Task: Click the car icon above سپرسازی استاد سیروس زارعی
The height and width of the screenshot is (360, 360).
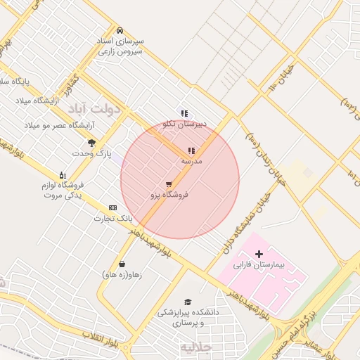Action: [x=120, y=31]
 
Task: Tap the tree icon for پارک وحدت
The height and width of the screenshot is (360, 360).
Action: [x=91, y=143]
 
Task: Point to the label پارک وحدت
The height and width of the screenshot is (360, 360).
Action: [x=92, y=153]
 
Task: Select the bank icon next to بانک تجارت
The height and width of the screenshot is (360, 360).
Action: [x=112, y=208]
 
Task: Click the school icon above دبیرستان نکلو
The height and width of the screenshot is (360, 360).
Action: [x=184, y=113]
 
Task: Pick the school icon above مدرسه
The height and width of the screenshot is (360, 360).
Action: [x=191, y=150]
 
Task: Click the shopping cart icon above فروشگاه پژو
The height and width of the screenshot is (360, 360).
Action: [x=169, y=184]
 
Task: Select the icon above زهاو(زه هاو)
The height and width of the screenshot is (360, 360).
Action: [x=122, y=264]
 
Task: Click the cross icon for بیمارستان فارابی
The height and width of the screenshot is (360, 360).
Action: [x=259, y=253]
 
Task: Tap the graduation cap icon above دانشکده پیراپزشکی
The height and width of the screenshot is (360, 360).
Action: [x=187, y=301]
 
